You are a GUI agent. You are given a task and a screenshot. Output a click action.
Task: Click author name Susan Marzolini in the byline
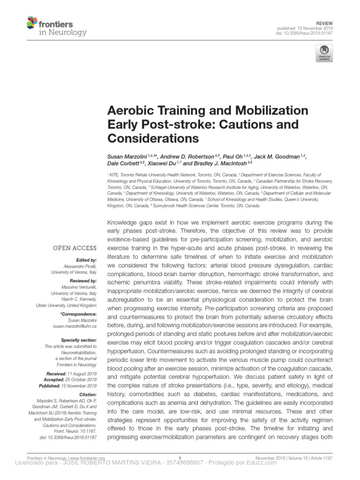point(127,155)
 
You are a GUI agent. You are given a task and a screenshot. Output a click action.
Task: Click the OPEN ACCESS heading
point(75,248)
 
